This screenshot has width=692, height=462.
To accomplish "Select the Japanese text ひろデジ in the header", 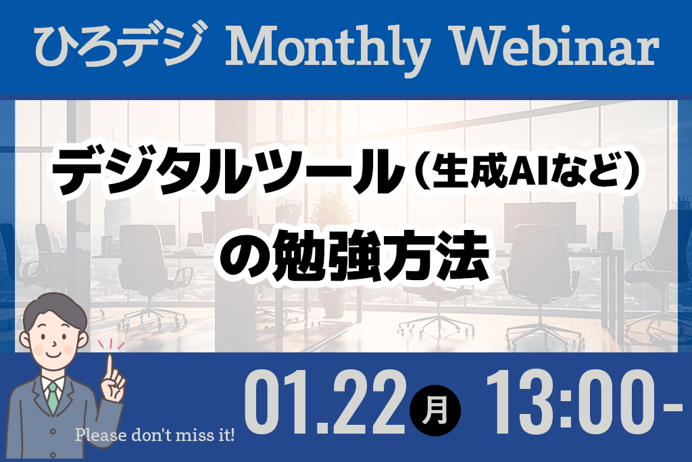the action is (122, 44).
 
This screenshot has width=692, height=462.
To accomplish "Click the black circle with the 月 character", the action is (435, 411).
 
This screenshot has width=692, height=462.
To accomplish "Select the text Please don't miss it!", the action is (155, 435).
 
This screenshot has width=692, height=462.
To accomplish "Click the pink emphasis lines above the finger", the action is (112, 344).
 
